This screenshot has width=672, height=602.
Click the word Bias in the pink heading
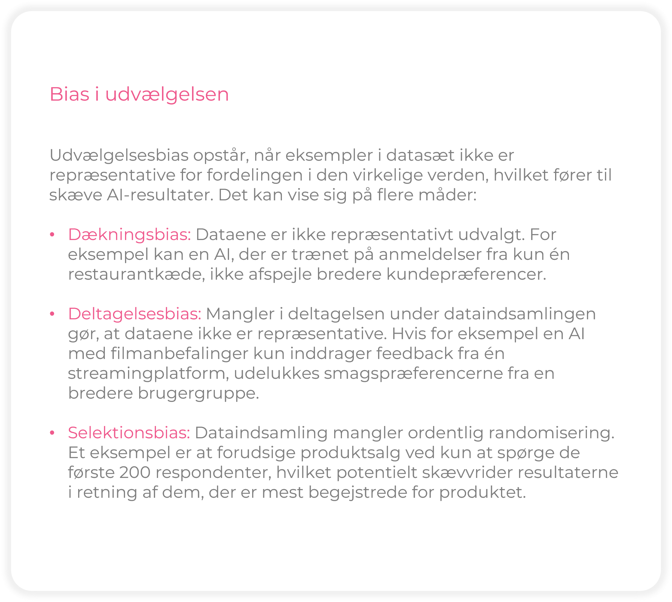[69, 94]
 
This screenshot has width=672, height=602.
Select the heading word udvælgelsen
[167, 95]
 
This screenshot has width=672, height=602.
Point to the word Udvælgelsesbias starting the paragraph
[118, 156]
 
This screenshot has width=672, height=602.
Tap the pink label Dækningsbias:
[129, 235]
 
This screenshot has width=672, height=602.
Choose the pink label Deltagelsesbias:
[135, 314]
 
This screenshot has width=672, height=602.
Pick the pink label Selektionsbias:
[129, 433]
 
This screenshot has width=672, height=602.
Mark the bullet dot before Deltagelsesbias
[52, 314]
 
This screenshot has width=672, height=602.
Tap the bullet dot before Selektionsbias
[52, 433]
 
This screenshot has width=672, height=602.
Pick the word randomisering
[551, 433]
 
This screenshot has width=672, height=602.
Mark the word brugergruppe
[198, 394]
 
